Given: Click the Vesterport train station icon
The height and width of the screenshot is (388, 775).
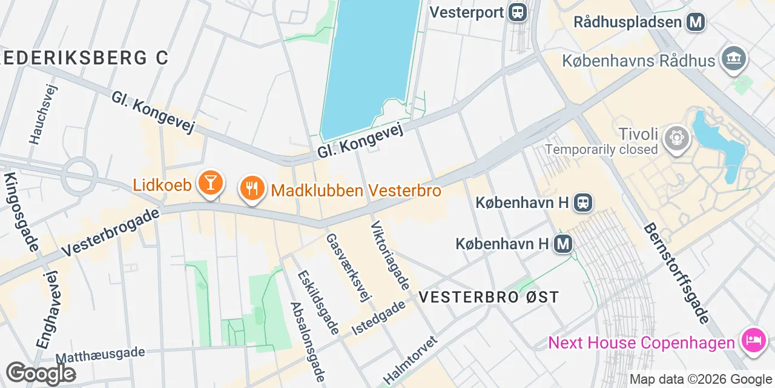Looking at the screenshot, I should point(518,12).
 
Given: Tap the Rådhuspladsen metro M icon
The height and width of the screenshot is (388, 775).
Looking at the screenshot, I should point(696,22).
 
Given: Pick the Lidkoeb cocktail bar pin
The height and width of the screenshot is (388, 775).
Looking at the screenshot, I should point(210,182).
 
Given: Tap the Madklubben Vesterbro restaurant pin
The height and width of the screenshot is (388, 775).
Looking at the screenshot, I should point(251,189).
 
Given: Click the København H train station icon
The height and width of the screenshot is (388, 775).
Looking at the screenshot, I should point(584,202).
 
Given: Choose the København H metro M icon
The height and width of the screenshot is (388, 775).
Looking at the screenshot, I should point(563,244).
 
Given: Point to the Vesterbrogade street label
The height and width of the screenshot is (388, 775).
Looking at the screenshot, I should point(111,232).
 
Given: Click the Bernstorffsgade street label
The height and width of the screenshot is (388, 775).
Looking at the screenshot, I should point(676,273).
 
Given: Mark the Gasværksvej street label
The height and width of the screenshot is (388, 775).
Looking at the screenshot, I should point(348,267).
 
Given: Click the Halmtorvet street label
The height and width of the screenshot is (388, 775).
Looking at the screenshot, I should point(410,360).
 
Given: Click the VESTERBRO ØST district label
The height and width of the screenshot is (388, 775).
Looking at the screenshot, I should point(489,297).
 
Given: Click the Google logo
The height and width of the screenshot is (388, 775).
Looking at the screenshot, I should point(41,373).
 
